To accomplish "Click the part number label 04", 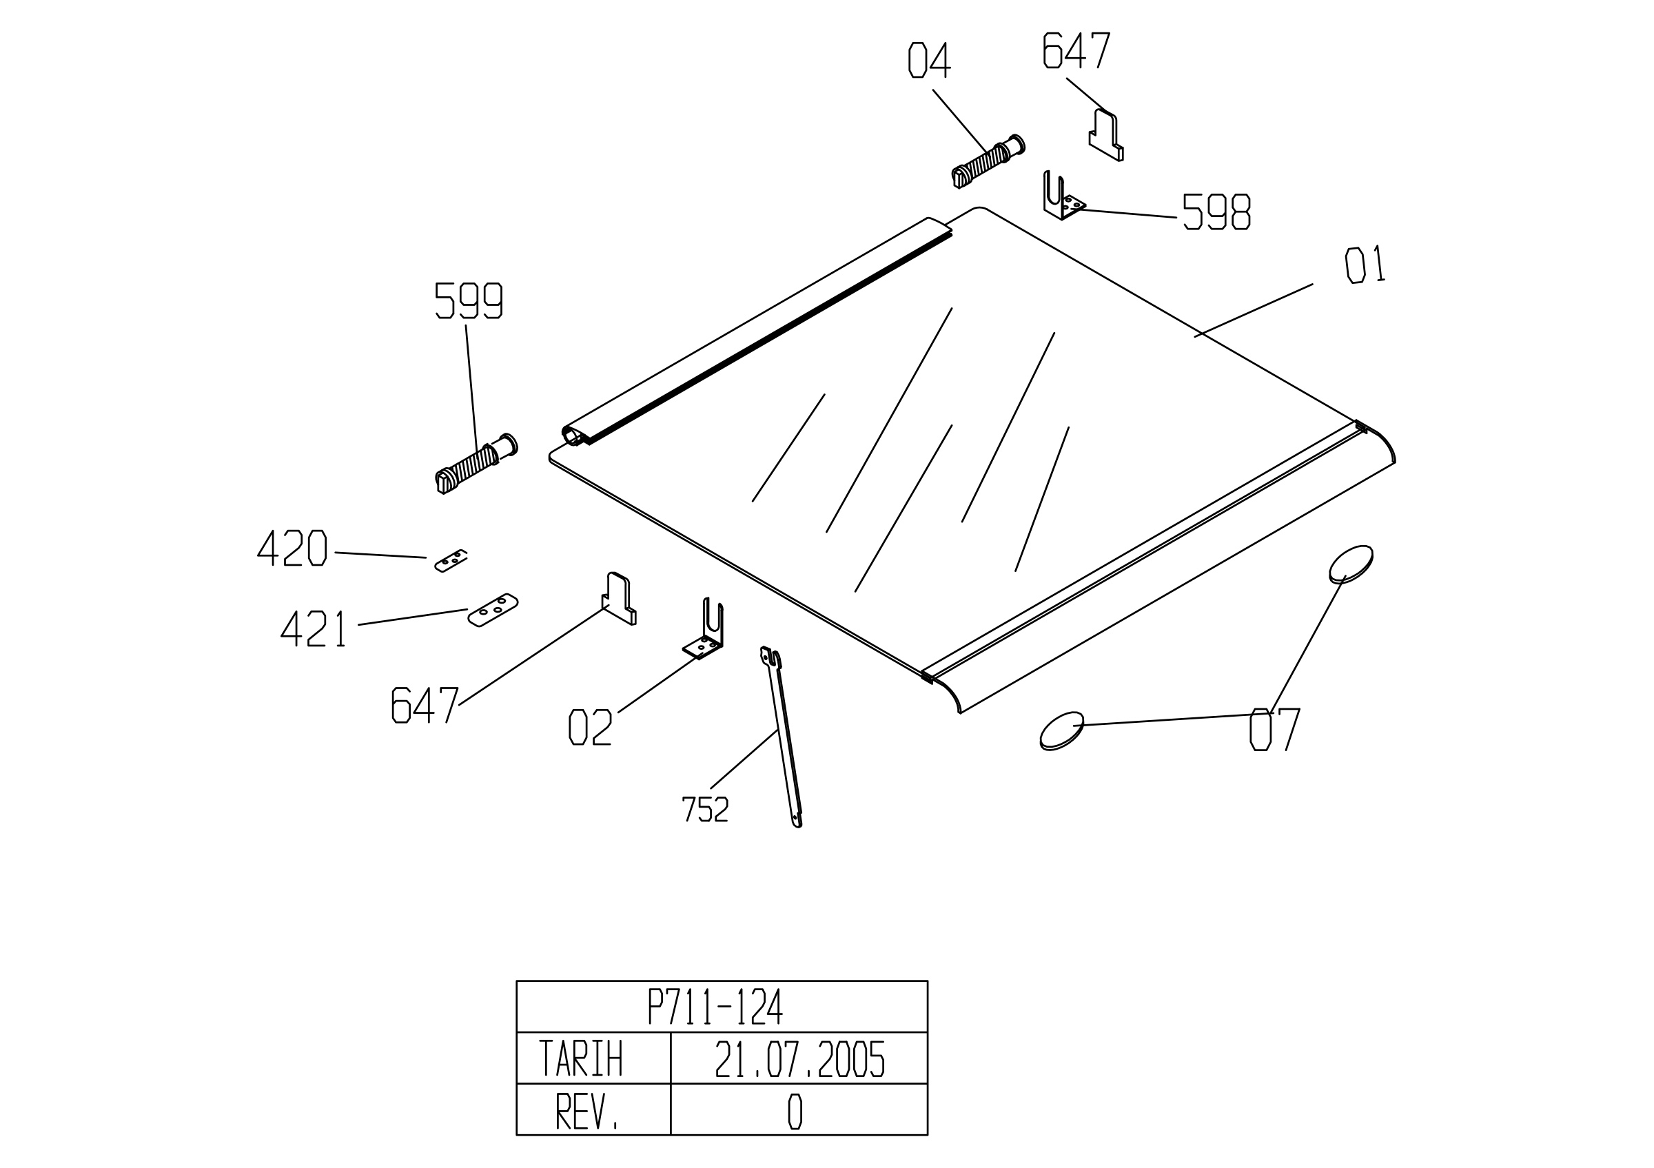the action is [x=929, y=61].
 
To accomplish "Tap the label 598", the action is [x=1216, y=212].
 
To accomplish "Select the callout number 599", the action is [x=468, y=300].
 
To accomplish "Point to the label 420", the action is [x=292, y=548].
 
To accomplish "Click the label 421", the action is [x=314, y=628].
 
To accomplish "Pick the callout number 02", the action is [x=591, y=727].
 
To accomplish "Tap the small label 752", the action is [x=705, y=810].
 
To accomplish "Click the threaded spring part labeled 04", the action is [x=988, y=161].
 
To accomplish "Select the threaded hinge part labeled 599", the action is [x=476, y=464].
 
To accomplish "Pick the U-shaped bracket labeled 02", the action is [x=704, y=628].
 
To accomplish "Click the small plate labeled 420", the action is [x=451, y=561].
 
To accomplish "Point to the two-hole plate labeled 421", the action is [x=493, y=610].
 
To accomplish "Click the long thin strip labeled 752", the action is [x=782, y=737].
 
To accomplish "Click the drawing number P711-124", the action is [x=715, y=1007].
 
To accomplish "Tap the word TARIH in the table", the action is [x=581, y=1058].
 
